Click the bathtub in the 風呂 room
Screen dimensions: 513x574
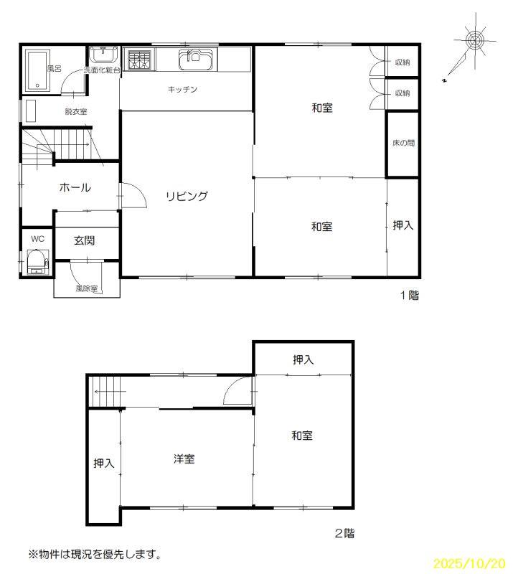click(x=37, y=71)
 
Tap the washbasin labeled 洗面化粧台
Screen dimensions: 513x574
click(x=104, y=55)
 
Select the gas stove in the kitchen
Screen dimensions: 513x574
click(x=139, y=59)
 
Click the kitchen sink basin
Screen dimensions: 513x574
click(x=195, y=60)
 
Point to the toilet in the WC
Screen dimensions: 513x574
click(x=37, y=261)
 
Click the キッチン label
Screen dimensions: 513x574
click(x=182, y=89)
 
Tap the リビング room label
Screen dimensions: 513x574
click(x=187, y=196)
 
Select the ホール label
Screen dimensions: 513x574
click(x=75, y=187)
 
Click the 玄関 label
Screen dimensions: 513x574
click(x=84, y=240)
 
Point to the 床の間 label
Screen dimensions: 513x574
click(x=403, y=143)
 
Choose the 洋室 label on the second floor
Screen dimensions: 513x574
click(x=184, y=458)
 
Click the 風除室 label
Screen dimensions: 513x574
click(x=87, y=288)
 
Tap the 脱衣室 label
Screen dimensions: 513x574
click(x=76, y=111)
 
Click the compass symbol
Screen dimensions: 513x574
click(x=475, y=39)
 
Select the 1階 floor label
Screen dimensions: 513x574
click(x=410, y=295)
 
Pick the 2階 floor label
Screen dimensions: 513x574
click(x=344, y=533)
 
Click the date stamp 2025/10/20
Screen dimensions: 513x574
click(x=469, y=563)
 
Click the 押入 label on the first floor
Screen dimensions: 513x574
click(x=403, y=225)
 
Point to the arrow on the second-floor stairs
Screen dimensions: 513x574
click(x=110, y=391)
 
